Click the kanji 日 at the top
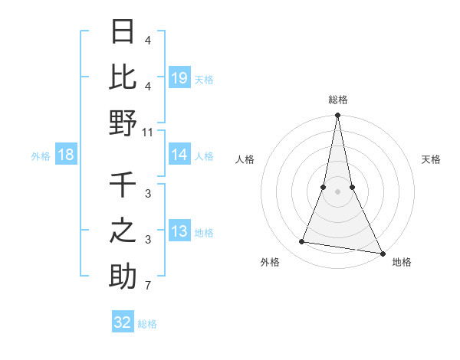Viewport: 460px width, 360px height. [x=123, y=31]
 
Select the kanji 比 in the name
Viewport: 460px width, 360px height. [x=123, y=77]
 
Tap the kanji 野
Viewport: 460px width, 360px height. [x=123, y=122]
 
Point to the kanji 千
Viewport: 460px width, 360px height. [x=123, y=185]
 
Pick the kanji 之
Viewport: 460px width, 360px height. [x=123, y=230]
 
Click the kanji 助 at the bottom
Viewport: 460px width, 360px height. [x=123, y=276]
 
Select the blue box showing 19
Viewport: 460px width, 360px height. [x=179, y=77]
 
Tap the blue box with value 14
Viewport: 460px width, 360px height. [x=179, y=155]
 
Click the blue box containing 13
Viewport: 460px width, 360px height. [x=179, y=232]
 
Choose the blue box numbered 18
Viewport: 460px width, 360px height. [x=66, y=155]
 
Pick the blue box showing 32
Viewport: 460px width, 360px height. [x=123, y=322]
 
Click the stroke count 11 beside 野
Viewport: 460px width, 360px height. [x=148, y=133]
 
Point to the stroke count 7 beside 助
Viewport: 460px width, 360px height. [x=148, y=286]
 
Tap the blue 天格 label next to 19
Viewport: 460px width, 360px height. [x=204, y=78]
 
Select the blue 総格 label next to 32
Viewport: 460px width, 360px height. [x=147, y=323]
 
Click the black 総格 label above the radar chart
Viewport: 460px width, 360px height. [x=337, y=100]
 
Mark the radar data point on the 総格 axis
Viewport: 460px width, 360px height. [x=337, y=116]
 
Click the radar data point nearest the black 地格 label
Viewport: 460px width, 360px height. [x=382, y=253]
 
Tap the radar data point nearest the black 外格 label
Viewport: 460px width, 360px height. [x=302, y=242]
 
